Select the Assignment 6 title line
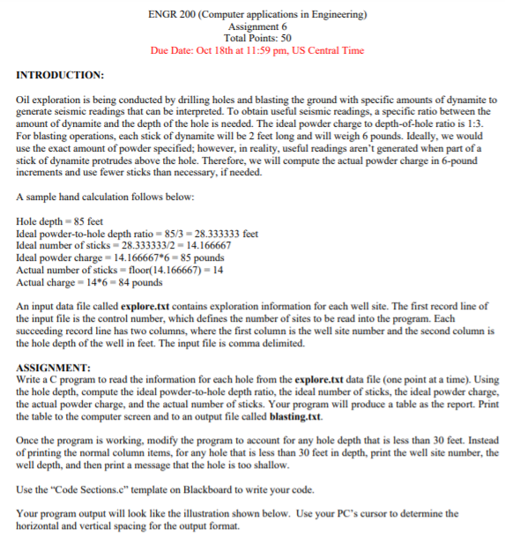(252, 26)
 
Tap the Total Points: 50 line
(252, 37)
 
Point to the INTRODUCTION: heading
(61, 76)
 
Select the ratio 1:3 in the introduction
(490, 124)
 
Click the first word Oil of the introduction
(24, 101)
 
